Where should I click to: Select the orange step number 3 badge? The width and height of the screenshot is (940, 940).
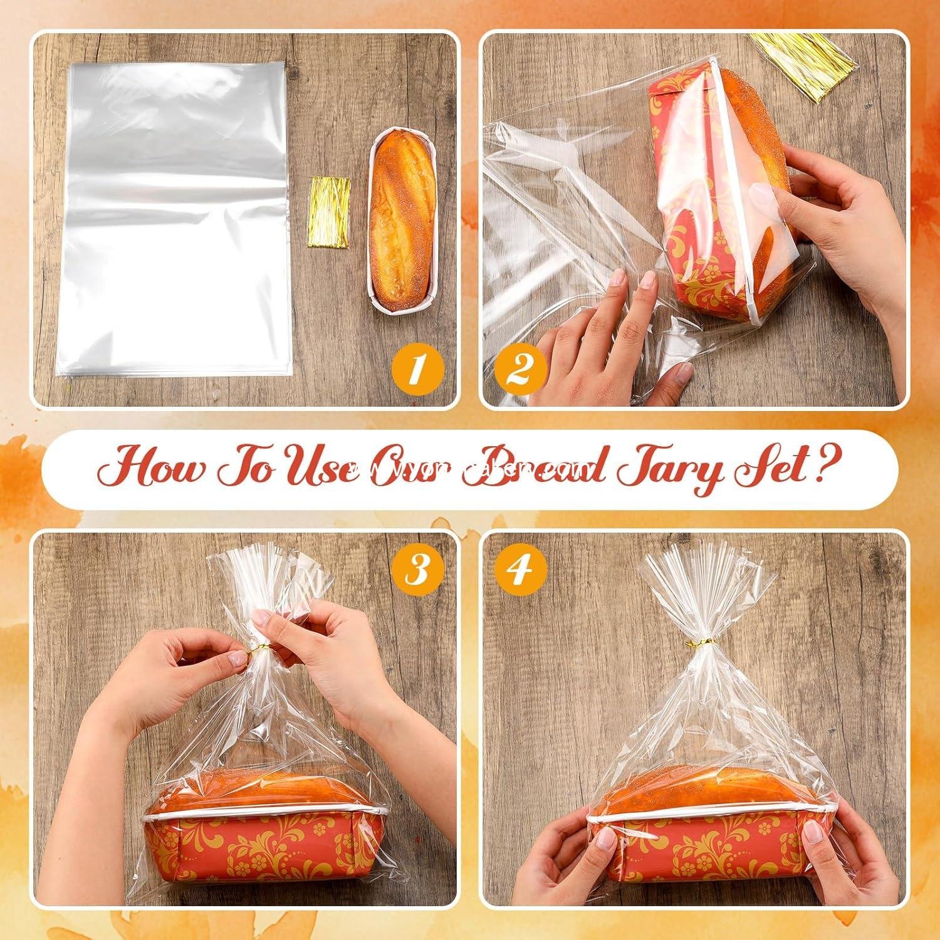point(416,572)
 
